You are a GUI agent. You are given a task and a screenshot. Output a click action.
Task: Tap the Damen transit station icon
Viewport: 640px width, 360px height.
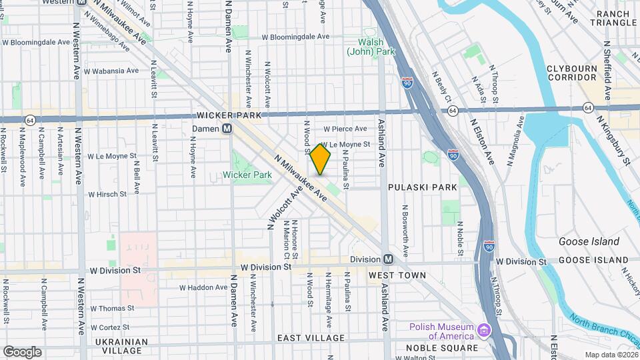click(x=227, y=129)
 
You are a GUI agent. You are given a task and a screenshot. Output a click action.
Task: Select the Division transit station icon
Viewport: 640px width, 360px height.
click(x=387, y=259)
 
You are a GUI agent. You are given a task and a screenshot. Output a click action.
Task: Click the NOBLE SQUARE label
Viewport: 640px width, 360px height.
click(x=441, y=348)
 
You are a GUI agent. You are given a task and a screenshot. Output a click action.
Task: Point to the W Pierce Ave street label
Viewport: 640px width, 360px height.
click(x=345, y=129)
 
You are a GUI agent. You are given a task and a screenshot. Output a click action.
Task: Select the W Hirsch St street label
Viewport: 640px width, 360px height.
click(x=107, y=194)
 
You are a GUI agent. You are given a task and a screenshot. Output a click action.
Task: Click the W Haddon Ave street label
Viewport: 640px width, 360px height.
click(x=203, y=287)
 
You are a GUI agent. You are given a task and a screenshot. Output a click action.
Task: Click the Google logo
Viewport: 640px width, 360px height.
click(x=23, y=351)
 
